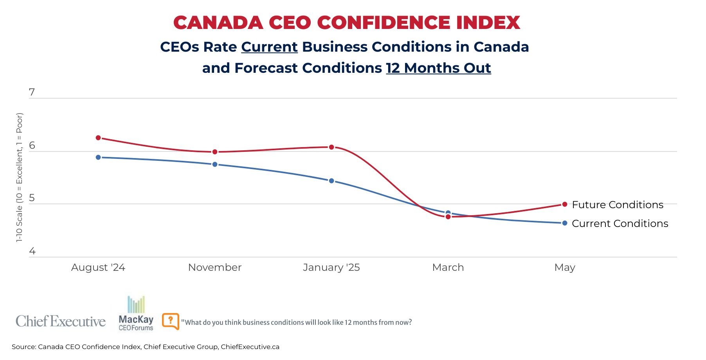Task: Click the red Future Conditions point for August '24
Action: [98, 138]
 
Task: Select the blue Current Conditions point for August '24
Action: [98, 157]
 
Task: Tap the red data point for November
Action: [215, 152]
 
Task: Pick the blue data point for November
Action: [215, 164]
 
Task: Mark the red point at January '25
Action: [331, 147]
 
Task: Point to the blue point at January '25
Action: [331, 181]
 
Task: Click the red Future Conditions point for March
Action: [448, 217]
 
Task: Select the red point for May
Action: [565, 204]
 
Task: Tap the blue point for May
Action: [565, 223]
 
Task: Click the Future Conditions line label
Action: [618, 205]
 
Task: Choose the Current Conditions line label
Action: [620, 223]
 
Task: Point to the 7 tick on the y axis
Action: [32, 92]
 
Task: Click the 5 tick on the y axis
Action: [32, 198]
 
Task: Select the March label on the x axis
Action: [448, 268]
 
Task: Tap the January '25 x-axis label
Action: [331, 268]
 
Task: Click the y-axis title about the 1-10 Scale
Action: [20, 178]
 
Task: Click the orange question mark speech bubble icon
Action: [171, 321]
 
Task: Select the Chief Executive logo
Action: [61, 321]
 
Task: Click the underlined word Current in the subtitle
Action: [270, 47]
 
